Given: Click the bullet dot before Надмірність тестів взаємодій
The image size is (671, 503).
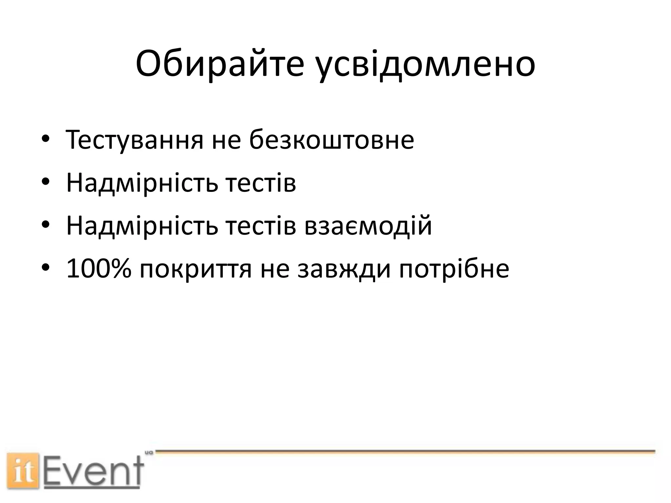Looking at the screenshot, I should coord(46,226).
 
